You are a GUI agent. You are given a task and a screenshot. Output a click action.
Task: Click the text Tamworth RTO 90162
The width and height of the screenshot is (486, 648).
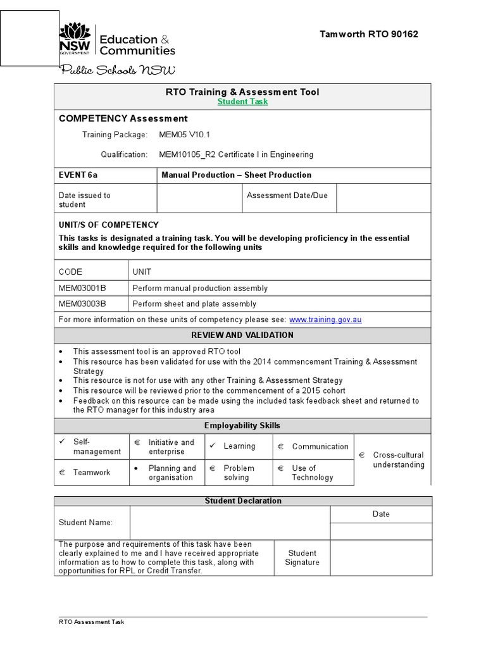pos(369,34)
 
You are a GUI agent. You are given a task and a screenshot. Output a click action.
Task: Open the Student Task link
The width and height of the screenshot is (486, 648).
pos(242,102)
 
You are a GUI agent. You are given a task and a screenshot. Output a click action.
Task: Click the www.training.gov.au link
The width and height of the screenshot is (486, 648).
pos(325,320)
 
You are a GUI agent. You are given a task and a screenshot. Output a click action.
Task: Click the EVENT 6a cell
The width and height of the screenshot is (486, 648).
pos(74,175)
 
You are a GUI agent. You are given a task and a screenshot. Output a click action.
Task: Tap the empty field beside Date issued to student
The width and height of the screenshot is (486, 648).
pos(199,199)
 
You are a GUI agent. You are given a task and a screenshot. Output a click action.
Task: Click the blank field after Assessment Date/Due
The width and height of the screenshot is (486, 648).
pos(383,199)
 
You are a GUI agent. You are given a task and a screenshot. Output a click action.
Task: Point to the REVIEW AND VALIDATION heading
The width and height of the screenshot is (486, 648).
pos(242,335)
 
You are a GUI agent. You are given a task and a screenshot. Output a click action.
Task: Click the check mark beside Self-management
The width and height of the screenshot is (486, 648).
pos(62,442)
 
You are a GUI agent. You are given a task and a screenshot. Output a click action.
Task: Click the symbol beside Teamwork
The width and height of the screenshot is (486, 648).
pos(63,473)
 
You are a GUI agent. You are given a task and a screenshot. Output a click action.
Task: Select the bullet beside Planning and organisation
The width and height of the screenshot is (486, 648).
pos(137,468)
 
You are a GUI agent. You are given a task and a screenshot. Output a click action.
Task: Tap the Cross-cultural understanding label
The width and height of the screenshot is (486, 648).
pos(398,460)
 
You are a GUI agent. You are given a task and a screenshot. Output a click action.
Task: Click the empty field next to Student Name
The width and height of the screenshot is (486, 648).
pos(230,522)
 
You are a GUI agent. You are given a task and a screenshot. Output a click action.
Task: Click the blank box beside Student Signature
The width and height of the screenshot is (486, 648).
pos(381,558)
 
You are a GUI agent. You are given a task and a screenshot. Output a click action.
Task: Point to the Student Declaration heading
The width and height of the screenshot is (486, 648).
pos(242,501)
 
